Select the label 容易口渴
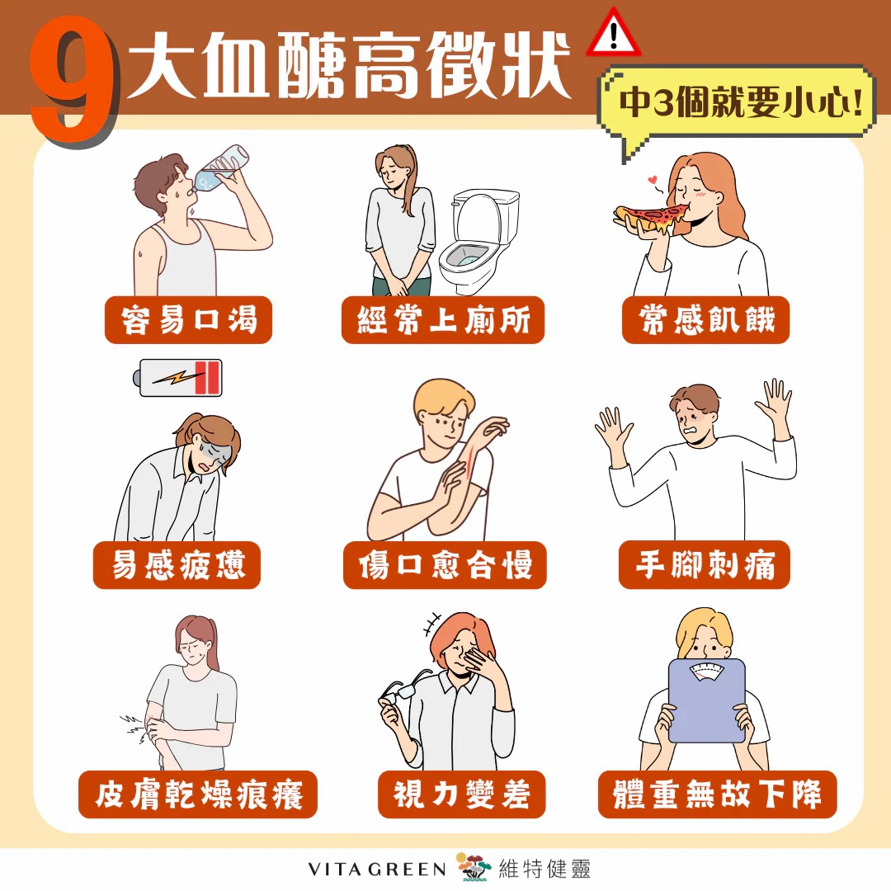(189, 319)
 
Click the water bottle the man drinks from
(222, 167)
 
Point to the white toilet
(478, 241)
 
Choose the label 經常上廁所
(443, 319)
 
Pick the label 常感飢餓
(705, 319)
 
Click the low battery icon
(178, 377)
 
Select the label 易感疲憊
(177, 565)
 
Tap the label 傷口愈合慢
(445, 565)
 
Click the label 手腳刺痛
(705, 565)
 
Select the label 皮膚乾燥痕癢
(198, 794)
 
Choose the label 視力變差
(461, 794)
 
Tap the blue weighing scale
(707, 700)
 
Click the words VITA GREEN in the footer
(377, 870)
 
